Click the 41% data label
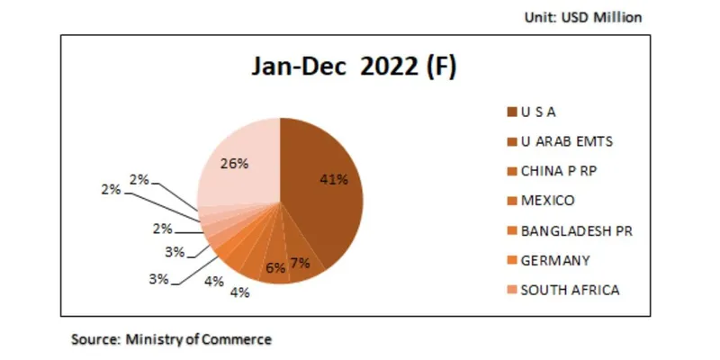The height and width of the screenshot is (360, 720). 334,179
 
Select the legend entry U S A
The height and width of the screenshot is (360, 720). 539,112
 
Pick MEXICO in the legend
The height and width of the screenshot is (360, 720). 547,200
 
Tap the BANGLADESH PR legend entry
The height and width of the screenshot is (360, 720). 576,230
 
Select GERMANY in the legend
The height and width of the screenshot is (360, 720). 555,260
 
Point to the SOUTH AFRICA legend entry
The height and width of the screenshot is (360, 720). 571,289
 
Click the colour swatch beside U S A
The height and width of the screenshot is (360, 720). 511,112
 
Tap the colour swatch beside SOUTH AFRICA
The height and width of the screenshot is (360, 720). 511,289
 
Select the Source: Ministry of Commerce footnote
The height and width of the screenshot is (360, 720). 171,339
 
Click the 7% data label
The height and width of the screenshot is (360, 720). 300,262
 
